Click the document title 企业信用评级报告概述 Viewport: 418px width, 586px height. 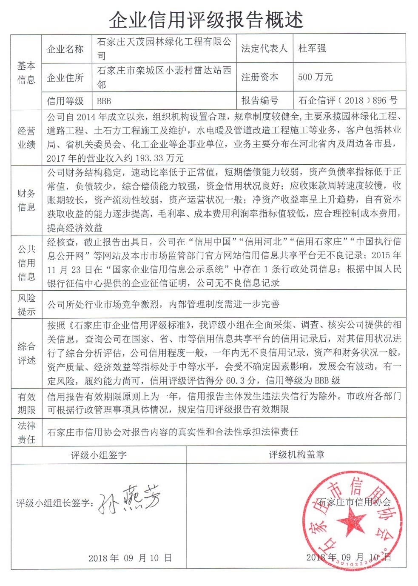(x=206, y=20)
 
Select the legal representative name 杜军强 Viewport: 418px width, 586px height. (x=312, y=49)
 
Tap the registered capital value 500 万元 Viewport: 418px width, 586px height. (x=315, y=77)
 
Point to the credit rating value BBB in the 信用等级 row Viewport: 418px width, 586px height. (x=104, y=101)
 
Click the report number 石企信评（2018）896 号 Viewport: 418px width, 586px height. (x=348, y=100)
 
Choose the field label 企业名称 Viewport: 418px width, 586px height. (x=65, y=49)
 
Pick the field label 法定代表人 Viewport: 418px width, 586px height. (x=264, y=49)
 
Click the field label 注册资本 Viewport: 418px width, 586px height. (x=260, y=77)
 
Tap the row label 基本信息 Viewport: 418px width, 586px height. (x=26, y=73)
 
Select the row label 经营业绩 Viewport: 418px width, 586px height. (x=26, y=137)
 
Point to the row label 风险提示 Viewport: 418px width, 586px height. (x=26, y=304)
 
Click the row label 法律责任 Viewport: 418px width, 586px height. (x=26, y=432)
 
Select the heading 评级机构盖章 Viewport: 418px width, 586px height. (x=296, y=455)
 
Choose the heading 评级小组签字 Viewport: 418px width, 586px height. (x=99, y=455)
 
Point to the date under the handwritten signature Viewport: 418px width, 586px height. (x=130, y=558)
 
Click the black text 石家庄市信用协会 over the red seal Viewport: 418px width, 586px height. (x=354, y=502)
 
